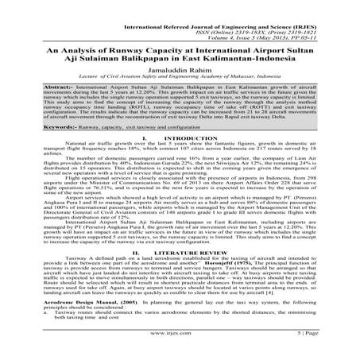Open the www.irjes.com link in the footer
click(x=180, y=347)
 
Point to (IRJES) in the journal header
click(x=324, y=14)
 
